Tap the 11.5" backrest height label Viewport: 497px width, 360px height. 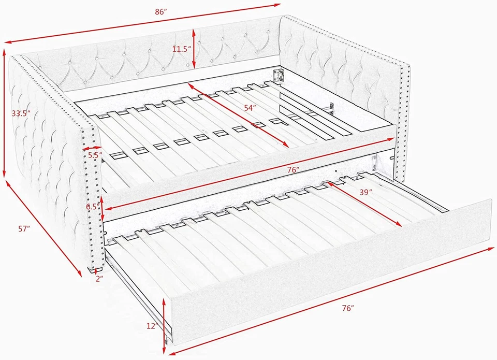click(x=182, y=49)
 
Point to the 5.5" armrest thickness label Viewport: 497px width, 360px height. click(x=94, y=154)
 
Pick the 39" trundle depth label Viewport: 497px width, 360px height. click(x=366, y=192)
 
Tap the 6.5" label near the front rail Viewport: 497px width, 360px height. click(x=93, y=207)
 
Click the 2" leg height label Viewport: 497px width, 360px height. click(x=99, y=278)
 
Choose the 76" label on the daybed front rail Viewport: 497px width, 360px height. click(x=293, y=169)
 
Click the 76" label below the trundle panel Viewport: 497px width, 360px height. click(x=348, y=308)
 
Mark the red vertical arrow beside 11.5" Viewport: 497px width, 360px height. click(x=194, y=48)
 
